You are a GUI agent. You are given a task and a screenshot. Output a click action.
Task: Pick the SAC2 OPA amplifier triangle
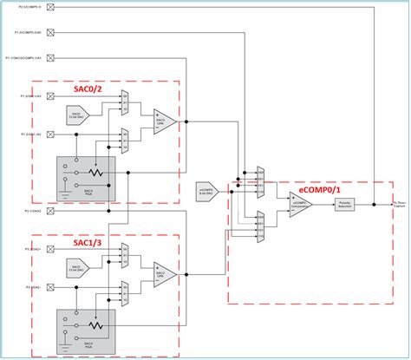tap(165, 273)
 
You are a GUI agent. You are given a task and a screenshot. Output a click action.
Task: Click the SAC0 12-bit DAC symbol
tap(78, 114)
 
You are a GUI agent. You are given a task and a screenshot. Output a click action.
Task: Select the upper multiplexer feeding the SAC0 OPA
tap(126, 99)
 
